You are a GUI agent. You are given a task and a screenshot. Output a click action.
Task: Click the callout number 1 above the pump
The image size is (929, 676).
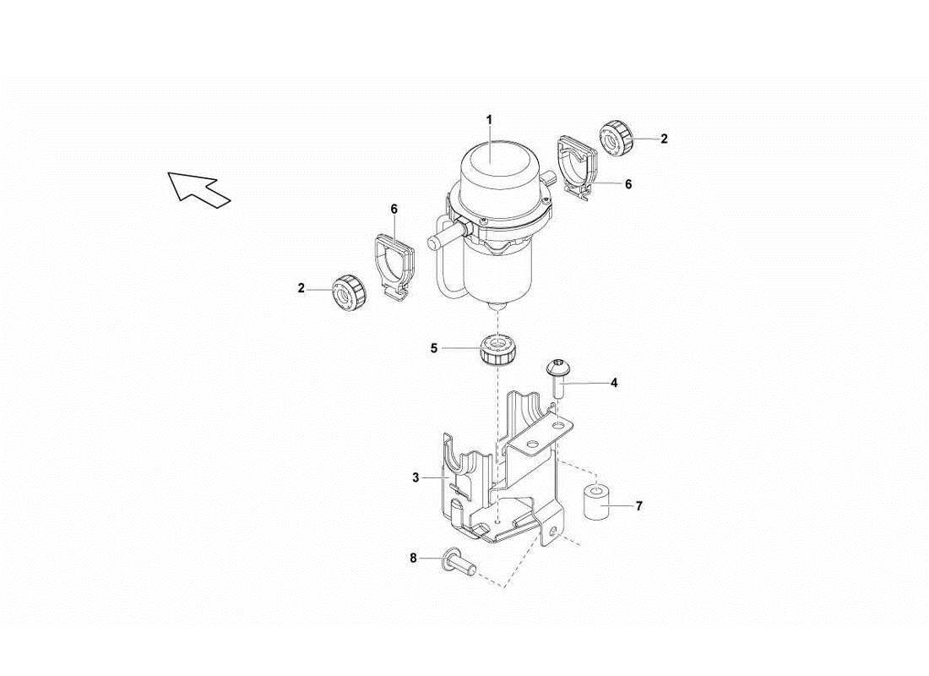pyautogui.click(x=489, y=119)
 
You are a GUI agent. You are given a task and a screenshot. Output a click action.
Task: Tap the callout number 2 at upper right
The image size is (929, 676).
pyautogui.click(x=664, y=139)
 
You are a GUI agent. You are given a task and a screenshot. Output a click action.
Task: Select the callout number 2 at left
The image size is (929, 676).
pyautogui.click(x=302, y=288)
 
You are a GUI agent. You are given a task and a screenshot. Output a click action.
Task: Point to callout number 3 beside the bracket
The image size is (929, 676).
pyautogui.click(x=416, y=478)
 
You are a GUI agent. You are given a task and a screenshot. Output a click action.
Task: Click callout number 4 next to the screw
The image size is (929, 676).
pyautogui.click(x=614, y=383)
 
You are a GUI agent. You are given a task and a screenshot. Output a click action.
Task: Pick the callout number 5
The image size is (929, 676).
pyautogui.click(x=434, y=347)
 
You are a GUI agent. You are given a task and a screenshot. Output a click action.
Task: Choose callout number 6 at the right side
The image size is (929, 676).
pyautogui.click(x=627, y=183)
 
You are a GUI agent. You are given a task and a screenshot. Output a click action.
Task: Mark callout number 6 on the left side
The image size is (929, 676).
pyautogui.click(x=394, y=208)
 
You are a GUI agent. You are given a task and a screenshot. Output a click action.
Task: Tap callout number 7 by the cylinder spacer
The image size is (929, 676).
pyautogui.click(x=638, y=506)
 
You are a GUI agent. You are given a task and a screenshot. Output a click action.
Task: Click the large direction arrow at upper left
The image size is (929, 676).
pyautogui.click(x=198, y=188)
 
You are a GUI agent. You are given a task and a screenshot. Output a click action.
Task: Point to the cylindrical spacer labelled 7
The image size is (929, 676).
pyautogui.click(x=596, y=504)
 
